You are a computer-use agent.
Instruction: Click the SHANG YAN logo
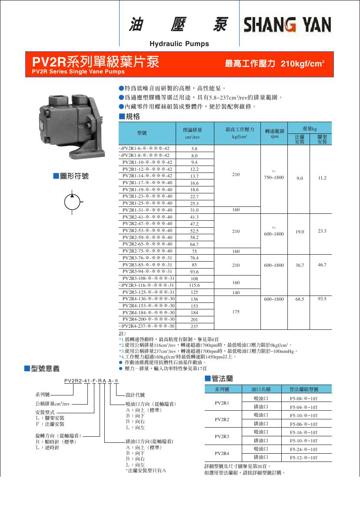pos(287,25)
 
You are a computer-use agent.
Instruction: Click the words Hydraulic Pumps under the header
pos(179,44)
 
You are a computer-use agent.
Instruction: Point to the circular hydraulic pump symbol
pos(72,203)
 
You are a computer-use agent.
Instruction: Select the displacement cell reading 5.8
pos(194,149)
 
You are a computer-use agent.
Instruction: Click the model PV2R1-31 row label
pos(147,210)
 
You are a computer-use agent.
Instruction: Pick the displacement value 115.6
pos(194,286)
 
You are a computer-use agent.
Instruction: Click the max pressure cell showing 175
pos(236,312)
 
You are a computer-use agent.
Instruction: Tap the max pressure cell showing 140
pos(236,292)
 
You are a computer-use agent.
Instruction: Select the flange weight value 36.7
pos(300,265)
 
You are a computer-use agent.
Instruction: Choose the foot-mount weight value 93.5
pos(322,299)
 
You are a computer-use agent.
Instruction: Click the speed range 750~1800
pos(274,178)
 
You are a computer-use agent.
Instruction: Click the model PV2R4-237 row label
pos(148,326)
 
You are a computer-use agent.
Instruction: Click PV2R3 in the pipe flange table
pos(222,436)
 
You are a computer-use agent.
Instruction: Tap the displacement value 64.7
pos(194,245)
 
